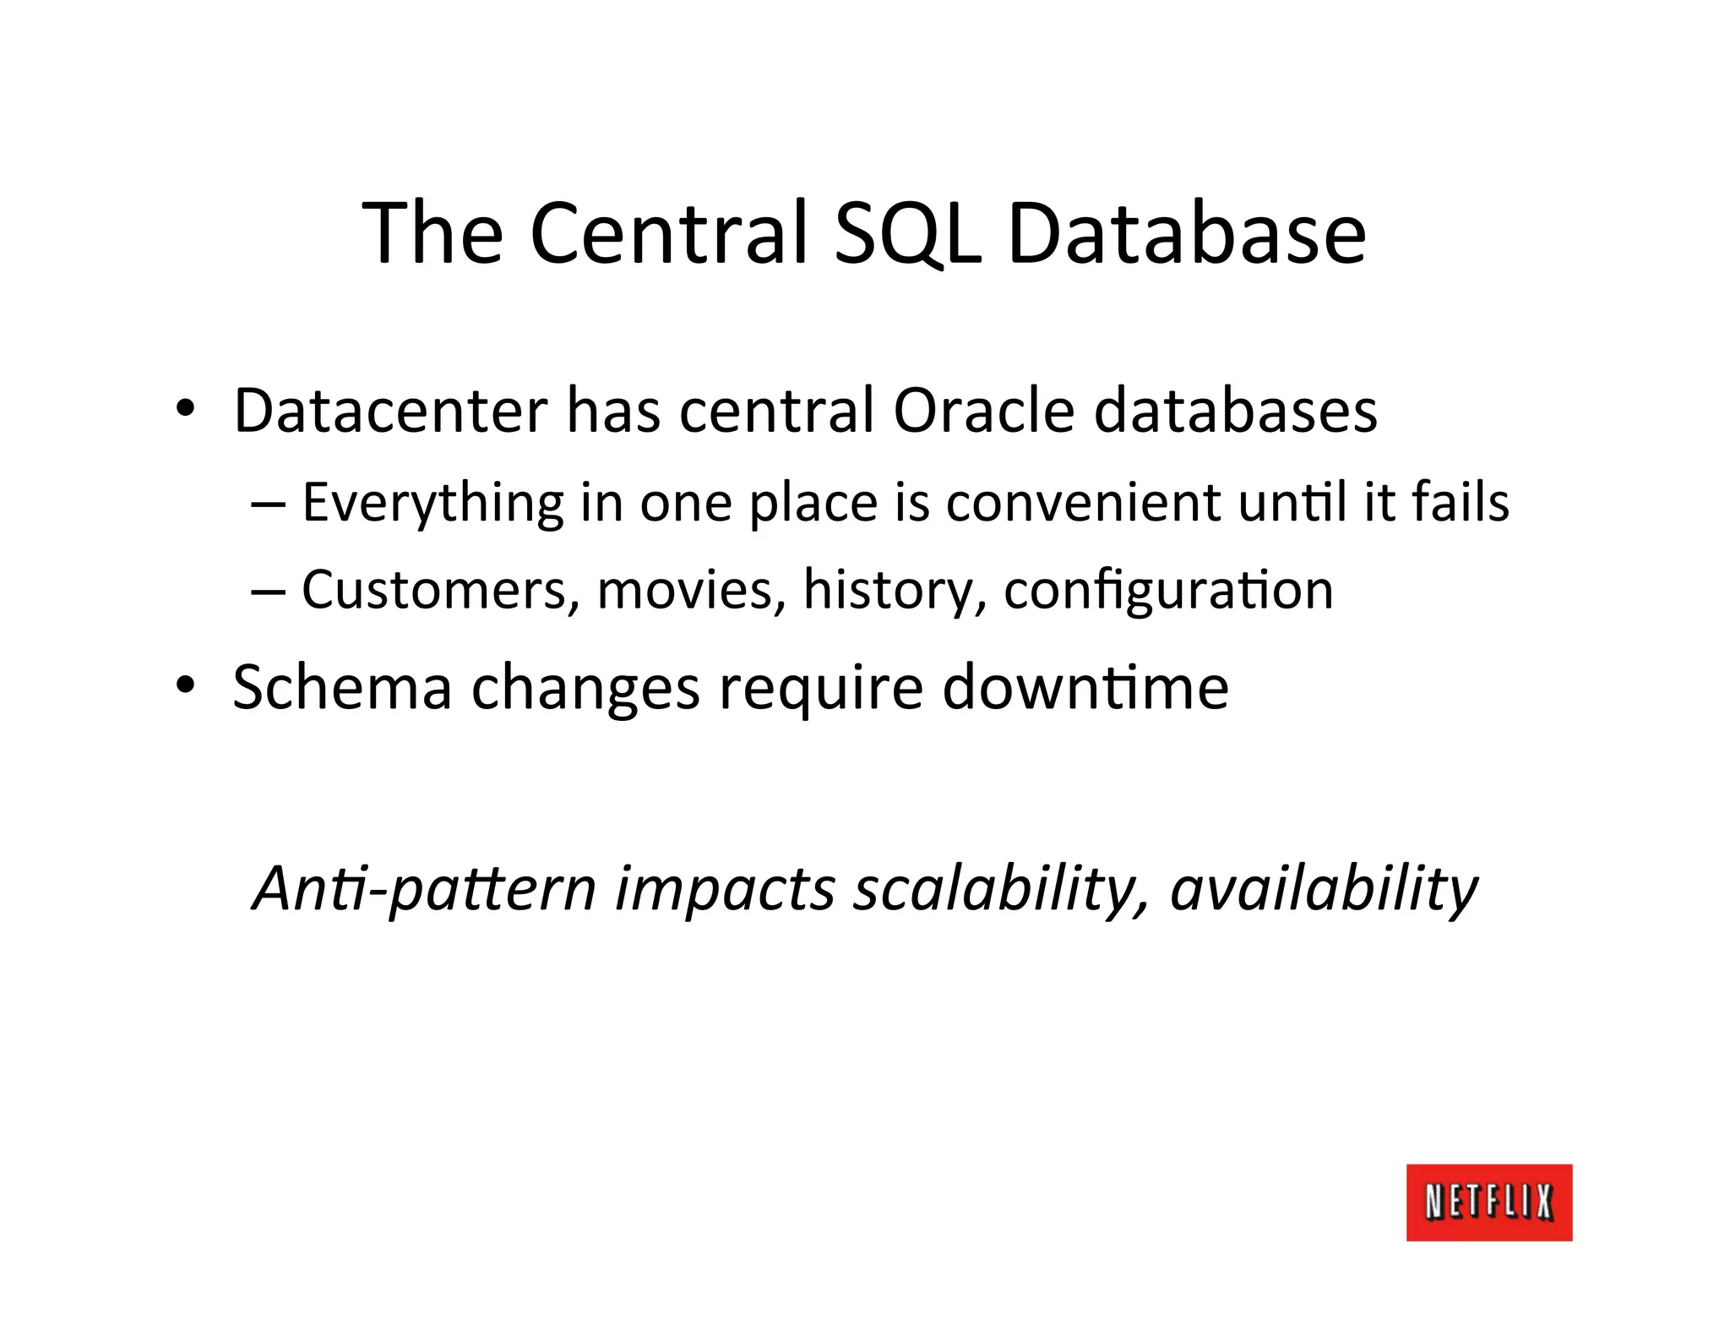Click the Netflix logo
pos(1488,1202)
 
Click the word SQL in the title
pos(907,232)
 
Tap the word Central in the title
pos(671,232)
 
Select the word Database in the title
pos(1186,232)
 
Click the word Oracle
pos(983,411)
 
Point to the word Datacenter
pos(390,411)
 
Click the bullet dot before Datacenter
pos(185,410)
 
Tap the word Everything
pos(432,504)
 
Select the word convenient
pos(1083,502)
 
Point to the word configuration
pos(1167,592)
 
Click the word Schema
pos(342,686)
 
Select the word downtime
pos(1085,686)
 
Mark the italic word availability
pos(1323,889)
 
